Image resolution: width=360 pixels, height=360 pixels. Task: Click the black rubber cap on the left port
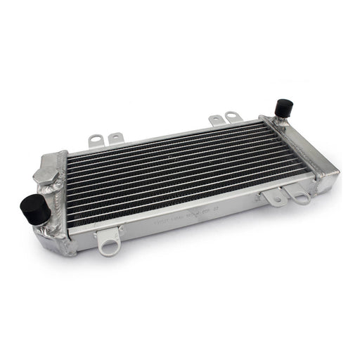pos(34,208)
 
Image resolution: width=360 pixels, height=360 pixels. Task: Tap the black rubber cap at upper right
pos(283,108)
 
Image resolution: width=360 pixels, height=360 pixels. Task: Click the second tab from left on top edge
pos(115,138)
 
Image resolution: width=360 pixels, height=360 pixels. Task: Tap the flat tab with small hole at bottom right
pos(275,198)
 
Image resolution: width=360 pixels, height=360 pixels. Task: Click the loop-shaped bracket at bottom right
pos(300,195)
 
